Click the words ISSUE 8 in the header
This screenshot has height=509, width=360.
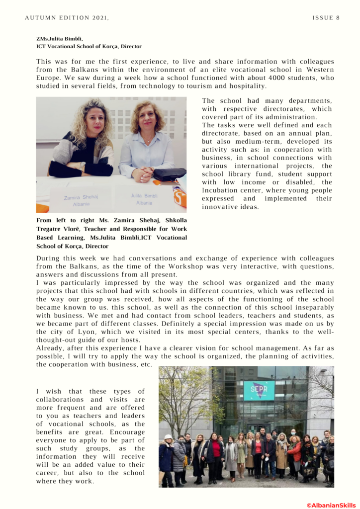(x=326, y=18)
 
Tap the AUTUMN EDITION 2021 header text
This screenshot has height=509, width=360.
(x=67, y=18)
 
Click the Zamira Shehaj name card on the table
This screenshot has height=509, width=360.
(x=81, y=200)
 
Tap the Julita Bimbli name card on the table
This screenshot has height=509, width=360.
(x=144, y=199)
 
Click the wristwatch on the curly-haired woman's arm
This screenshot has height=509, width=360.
(x=83, y=166)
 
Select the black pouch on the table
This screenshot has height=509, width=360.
(x=169, y=174)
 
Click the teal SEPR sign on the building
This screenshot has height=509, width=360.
(x=259, y=391)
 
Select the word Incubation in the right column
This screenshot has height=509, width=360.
(x=220, y=190)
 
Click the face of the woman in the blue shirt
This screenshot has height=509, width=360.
(x=147, y=117)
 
